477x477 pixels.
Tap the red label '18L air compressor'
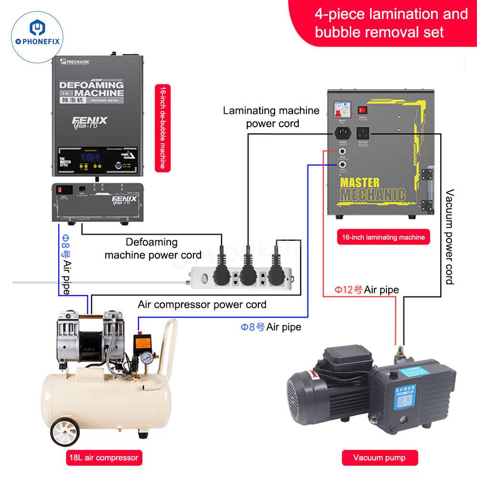pyautogui.click(x=102, y=458)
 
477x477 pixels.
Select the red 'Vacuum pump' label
pyautogui.click(x=379, y=458)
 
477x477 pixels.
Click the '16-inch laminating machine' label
pyautogui.click(x=383, y=237)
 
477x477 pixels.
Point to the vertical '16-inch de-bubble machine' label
pyautogui.click(x=162, y=127)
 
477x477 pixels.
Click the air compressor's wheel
pyautogui.click(x=64, y=432)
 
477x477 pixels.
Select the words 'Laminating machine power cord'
pyautogui.click(x=272, y=117)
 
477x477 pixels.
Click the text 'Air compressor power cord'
pyautogui.click(x=202, y=304)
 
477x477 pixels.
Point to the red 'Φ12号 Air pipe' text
pyautogui.click(x=366, y=290)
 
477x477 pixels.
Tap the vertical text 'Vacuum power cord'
pyautogui.click(x=449, y=236)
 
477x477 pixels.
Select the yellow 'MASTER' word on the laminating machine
pyautogui.click(x=360, y=182)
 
